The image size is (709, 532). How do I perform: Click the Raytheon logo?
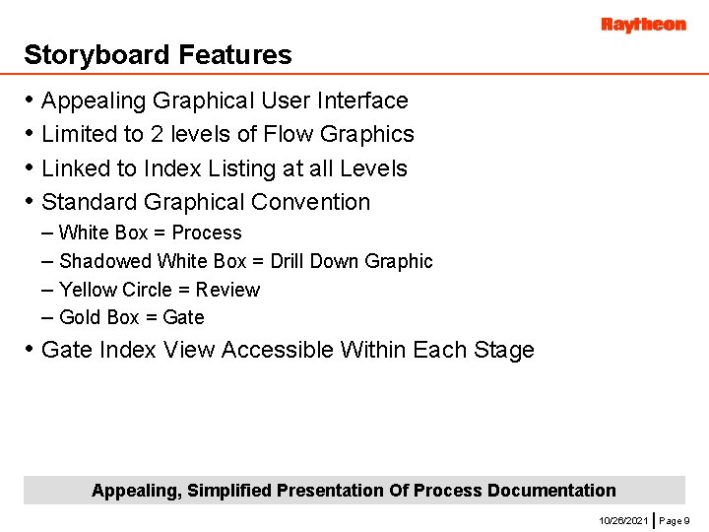coord(643,25)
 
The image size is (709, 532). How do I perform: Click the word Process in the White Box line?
coord(207,233)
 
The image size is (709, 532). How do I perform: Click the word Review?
coord(227,290)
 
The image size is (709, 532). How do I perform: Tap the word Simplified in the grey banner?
coord(229,491)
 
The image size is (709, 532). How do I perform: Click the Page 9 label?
coord(674,519)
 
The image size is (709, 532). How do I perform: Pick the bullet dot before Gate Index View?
coord(31,350)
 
